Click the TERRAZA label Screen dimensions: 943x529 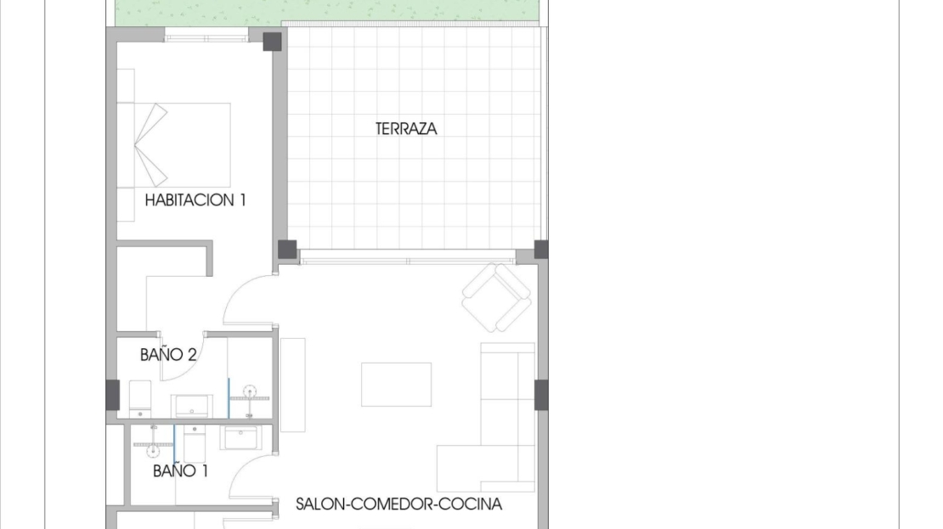406,129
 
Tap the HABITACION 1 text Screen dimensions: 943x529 195,200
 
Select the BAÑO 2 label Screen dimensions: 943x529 168,355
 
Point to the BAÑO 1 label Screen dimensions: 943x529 180,470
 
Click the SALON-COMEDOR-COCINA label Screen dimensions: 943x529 398,504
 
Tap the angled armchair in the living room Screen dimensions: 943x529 497,297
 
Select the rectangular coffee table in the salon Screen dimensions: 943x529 397,384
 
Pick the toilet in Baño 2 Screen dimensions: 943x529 140,398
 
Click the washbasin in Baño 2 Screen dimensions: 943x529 192,406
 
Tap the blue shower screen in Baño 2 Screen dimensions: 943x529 229,397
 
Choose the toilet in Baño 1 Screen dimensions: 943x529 195,443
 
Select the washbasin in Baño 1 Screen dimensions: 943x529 240,437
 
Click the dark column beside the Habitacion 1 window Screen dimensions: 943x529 273,42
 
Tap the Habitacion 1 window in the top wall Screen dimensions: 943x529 206,38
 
